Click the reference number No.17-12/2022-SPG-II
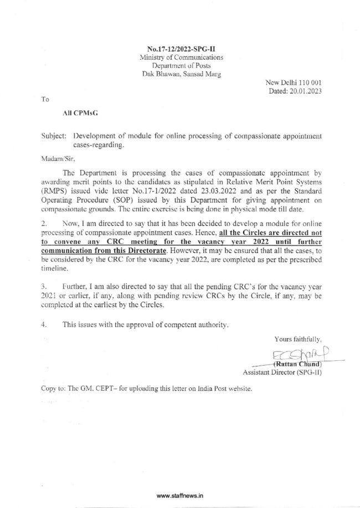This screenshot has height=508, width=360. pos(181,49)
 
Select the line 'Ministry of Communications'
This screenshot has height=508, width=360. pos(181,57)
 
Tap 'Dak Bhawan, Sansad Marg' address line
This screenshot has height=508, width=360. pos(181,74)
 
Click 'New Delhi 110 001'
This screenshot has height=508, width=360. pos(294,82)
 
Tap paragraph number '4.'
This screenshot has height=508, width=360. pos(43,325)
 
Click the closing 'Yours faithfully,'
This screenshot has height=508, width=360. pos(298,338)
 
